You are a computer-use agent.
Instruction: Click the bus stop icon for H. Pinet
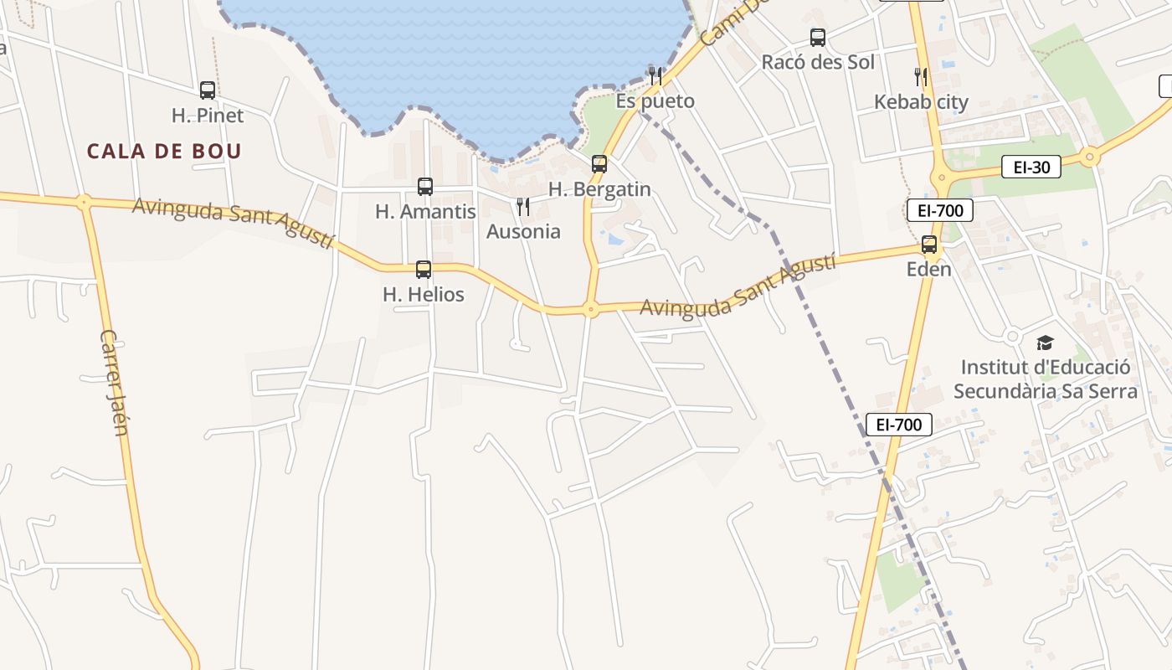point(208,90)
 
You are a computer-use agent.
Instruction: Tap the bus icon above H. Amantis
point(425,187)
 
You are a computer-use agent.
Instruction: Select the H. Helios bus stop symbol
point(424,270)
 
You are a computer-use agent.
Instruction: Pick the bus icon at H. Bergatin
point(599,164)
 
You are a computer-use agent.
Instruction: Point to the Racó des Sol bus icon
point(818,38)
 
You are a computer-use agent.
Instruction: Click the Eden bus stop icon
point(929,245)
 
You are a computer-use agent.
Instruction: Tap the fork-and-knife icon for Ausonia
point(523,207)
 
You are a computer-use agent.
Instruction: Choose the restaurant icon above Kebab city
point(921,77)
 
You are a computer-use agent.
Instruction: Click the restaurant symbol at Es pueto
point(655,76)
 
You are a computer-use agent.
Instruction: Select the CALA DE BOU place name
point(164,152)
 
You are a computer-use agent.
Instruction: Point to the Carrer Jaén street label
point(114,382)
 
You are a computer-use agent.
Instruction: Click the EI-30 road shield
point(1031,167)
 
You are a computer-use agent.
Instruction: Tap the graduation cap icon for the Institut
point(1045,343)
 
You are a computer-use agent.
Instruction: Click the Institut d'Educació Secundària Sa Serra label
point(1046,379)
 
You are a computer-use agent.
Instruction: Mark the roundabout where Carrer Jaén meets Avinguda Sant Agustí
point(84,201)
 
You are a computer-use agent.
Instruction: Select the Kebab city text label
point(921,102)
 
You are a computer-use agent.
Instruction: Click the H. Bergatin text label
point(599,189)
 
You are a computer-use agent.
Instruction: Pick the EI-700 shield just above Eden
point(940,210)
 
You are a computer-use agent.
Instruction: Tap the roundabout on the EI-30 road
point(1089,156)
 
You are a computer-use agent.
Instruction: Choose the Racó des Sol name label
point(818,62)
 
